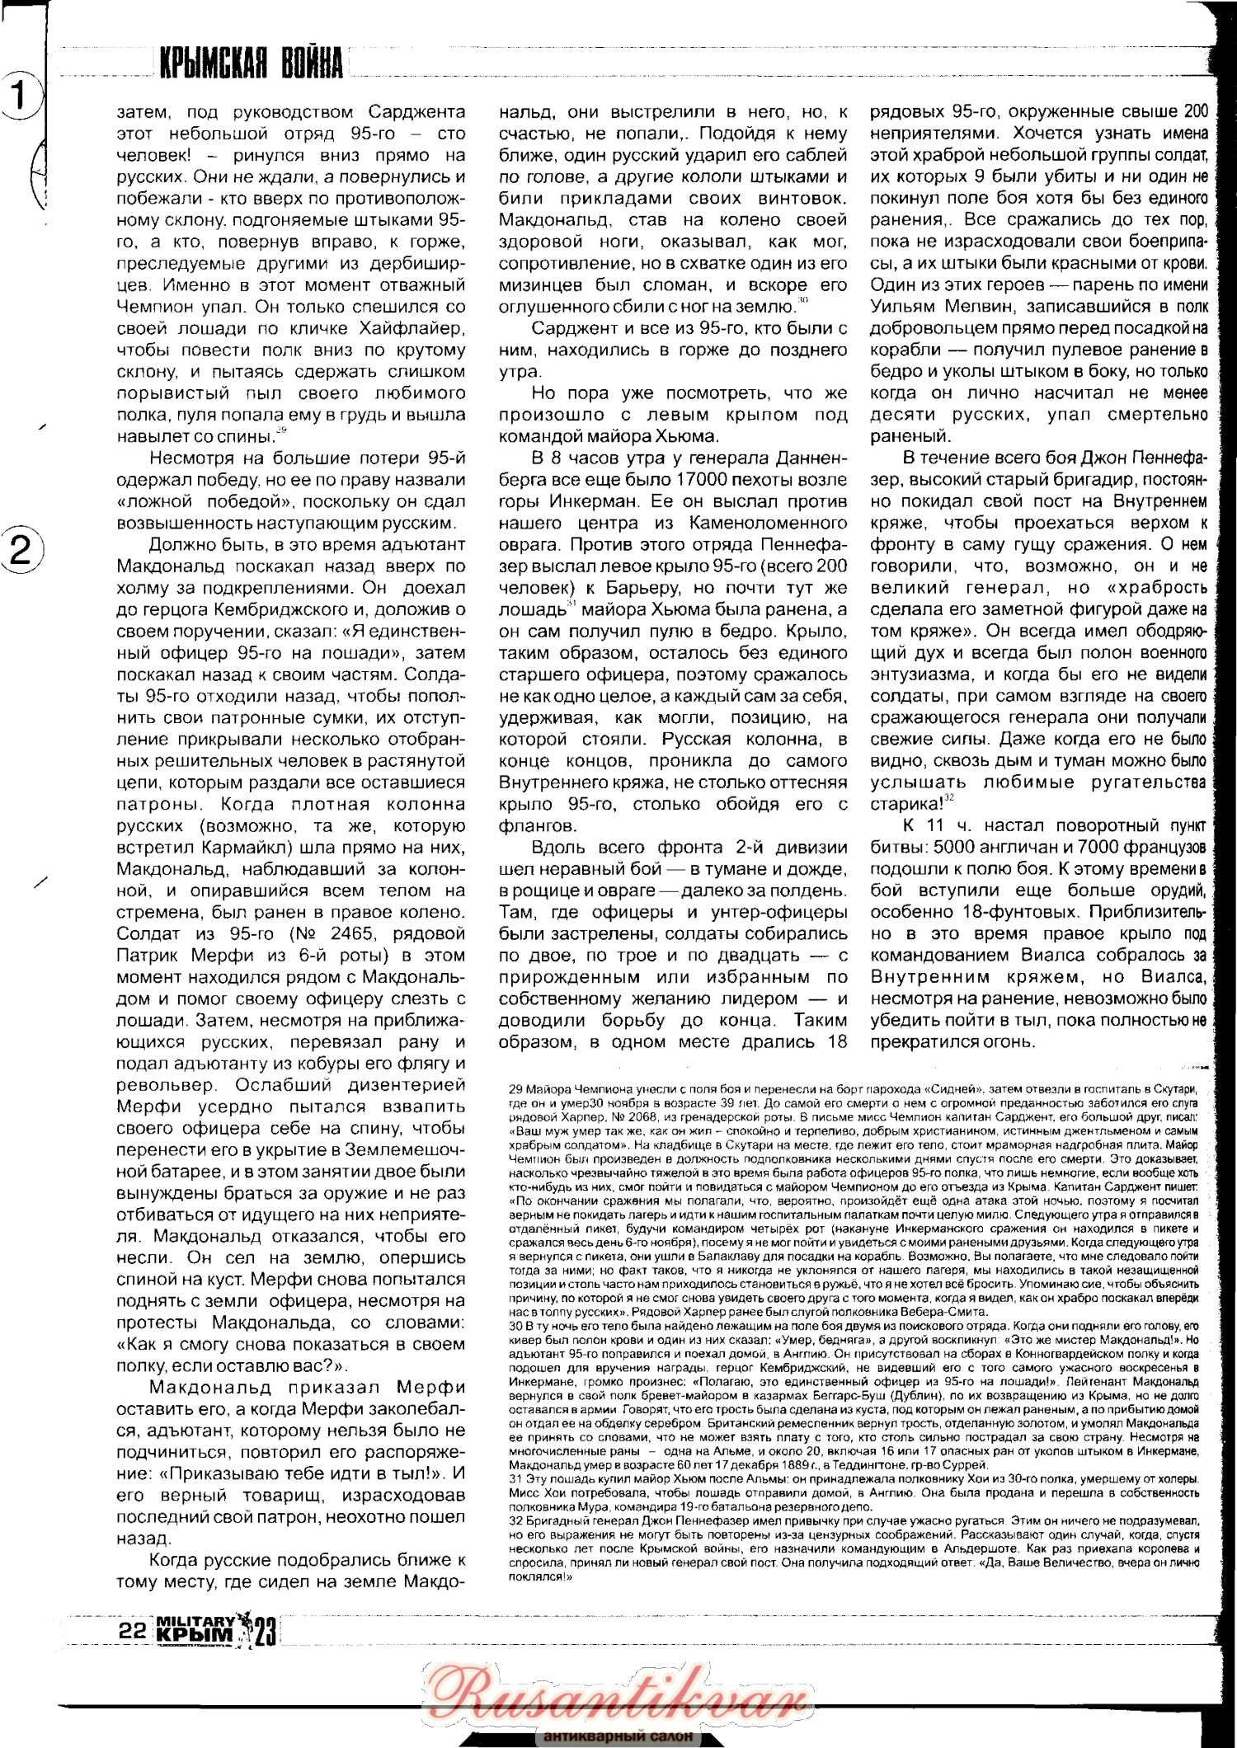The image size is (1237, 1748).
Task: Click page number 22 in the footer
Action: (x=133, y=1629)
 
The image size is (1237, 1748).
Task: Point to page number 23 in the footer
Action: (x=264, y=1631)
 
